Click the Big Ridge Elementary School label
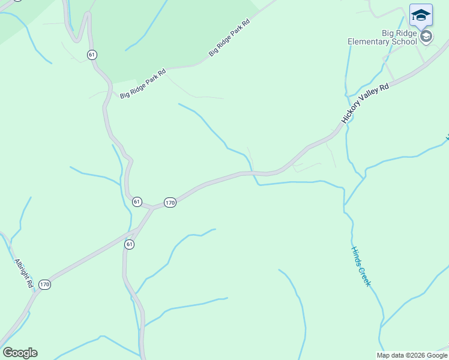(382, 37)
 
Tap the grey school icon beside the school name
(426, 37)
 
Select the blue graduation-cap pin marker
(421, 15)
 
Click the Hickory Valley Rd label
(365, 104)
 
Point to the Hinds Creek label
(361, 266)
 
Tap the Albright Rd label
(23, 273)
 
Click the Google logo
(20, 353)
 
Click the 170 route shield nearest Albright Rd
(45, 284)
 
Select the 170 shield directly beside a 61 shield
(170, 202)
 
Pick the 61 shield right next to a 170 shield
(137, 202)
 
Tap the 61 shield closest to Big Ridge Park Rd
(91, 55)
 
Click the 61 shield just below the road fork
(130, 244)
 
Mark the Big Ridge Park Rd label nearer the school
(229, 38)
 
